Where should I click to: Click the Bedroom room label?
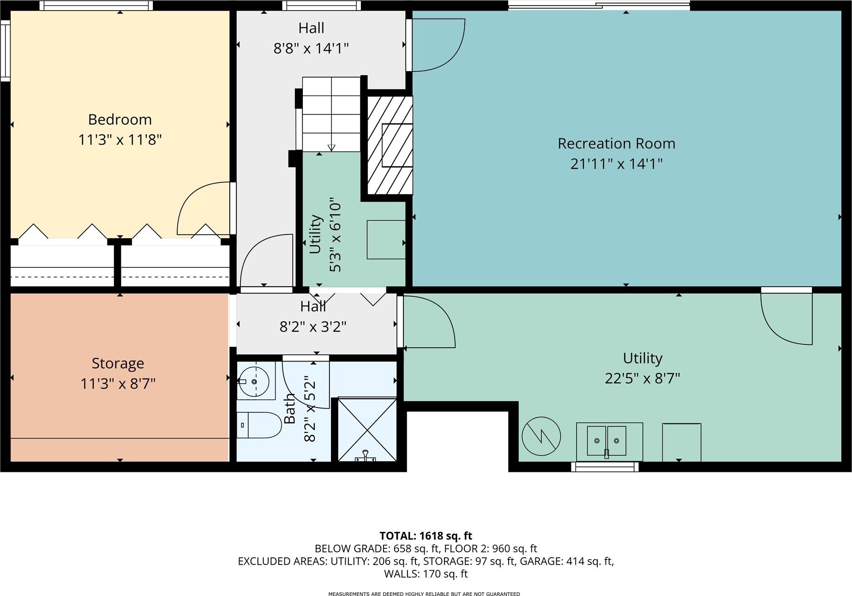(x=120, y=120)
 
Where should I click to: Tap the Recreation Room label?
(x=616, y=144)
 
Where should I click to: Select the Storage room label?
(x=118, y=364)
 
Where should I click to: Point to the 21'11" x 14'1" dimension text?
(x=616, y=164)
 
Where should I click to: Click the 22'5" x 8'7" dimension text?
(x=642, y=379)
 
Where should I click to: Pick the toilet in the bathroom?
(x=259, y=425)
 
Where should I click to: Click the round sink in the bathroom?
(x=254, y=381)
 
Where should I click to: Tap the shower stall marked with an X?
(x=367, y=429)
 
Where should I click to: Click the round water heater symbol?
(x=541, y=436)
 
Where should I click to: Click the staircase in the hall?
(x=331, y=114)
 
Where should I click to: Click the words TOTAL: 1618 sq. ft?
(x=426, y=536)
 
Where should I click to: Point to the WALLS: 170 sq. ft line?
(x=426, y=574)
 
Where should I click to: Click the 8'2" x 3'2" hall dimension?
(x=313, y=327)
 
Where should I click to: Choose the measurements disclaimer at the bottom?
(x=424, y=594)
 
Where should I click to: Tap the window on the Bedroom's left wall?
(x=5, y=51)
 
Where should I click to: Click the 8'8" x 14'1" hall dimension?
(x=311, y=48)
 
